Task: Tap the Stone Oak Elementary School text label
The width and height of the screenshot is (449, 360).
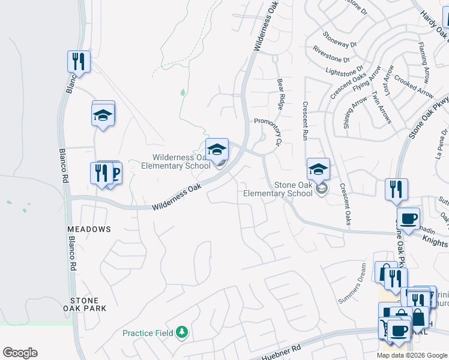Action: click(x=278, y=189)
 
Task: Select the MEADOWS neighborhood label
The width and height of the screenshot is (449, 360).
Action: click(x=89, y=229)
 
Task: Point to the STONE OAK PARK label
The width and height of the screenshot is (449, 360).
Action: click(x=88, y=304)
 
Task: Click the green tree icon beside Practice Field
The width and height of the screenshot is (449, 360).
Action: click(x=181, y=332)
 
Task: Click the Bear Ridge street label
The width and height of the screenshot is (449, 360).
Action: click(x=280, y=94)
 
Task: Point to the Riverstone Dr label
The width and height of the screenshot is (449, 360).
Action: click(x=331, y=55)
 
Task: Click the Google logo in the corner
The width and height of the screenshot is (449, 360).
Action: click(x=20, y=353)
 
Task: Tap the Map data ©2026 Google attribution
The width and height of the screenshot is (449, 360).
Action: click(x=412, y=355)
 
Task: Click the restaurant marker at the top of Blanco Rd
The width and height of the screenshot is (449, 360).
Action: click(x=79, y=61)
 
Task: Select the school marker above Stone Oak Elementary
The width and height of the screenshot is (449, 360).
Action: click(x=318, y=169)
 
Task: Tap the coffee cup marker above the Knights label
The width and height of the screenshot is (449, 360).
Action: click(x=408, y=218)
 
